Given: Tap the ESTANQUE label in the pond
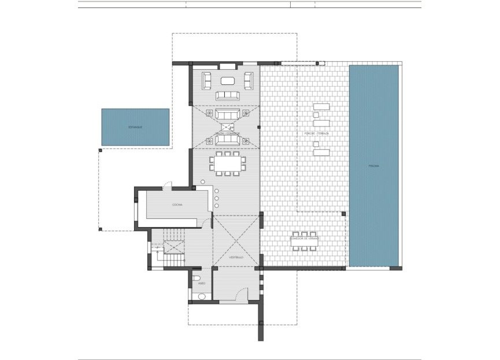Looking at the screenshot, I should pyautogui.click(x=135, y=127).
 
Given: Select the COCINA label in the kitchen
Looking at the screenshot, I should pyautogui.click(x=177, y=205).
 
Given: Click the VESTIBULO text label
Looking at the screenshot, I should pyautogui.click(x=235, y=257).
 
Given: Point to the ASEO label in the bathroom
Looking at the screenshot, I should pyautogui.click(x=201, y=283).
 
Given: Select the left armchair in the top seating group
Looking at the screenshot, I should pyautogui.click(x=206, y=80).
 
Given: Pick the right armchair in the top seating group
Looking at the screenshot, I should pyautogui.click(x=249, y=80).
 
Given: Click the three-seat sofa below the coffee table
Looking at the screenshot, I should pyautogui.click(x=228, y=95).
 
